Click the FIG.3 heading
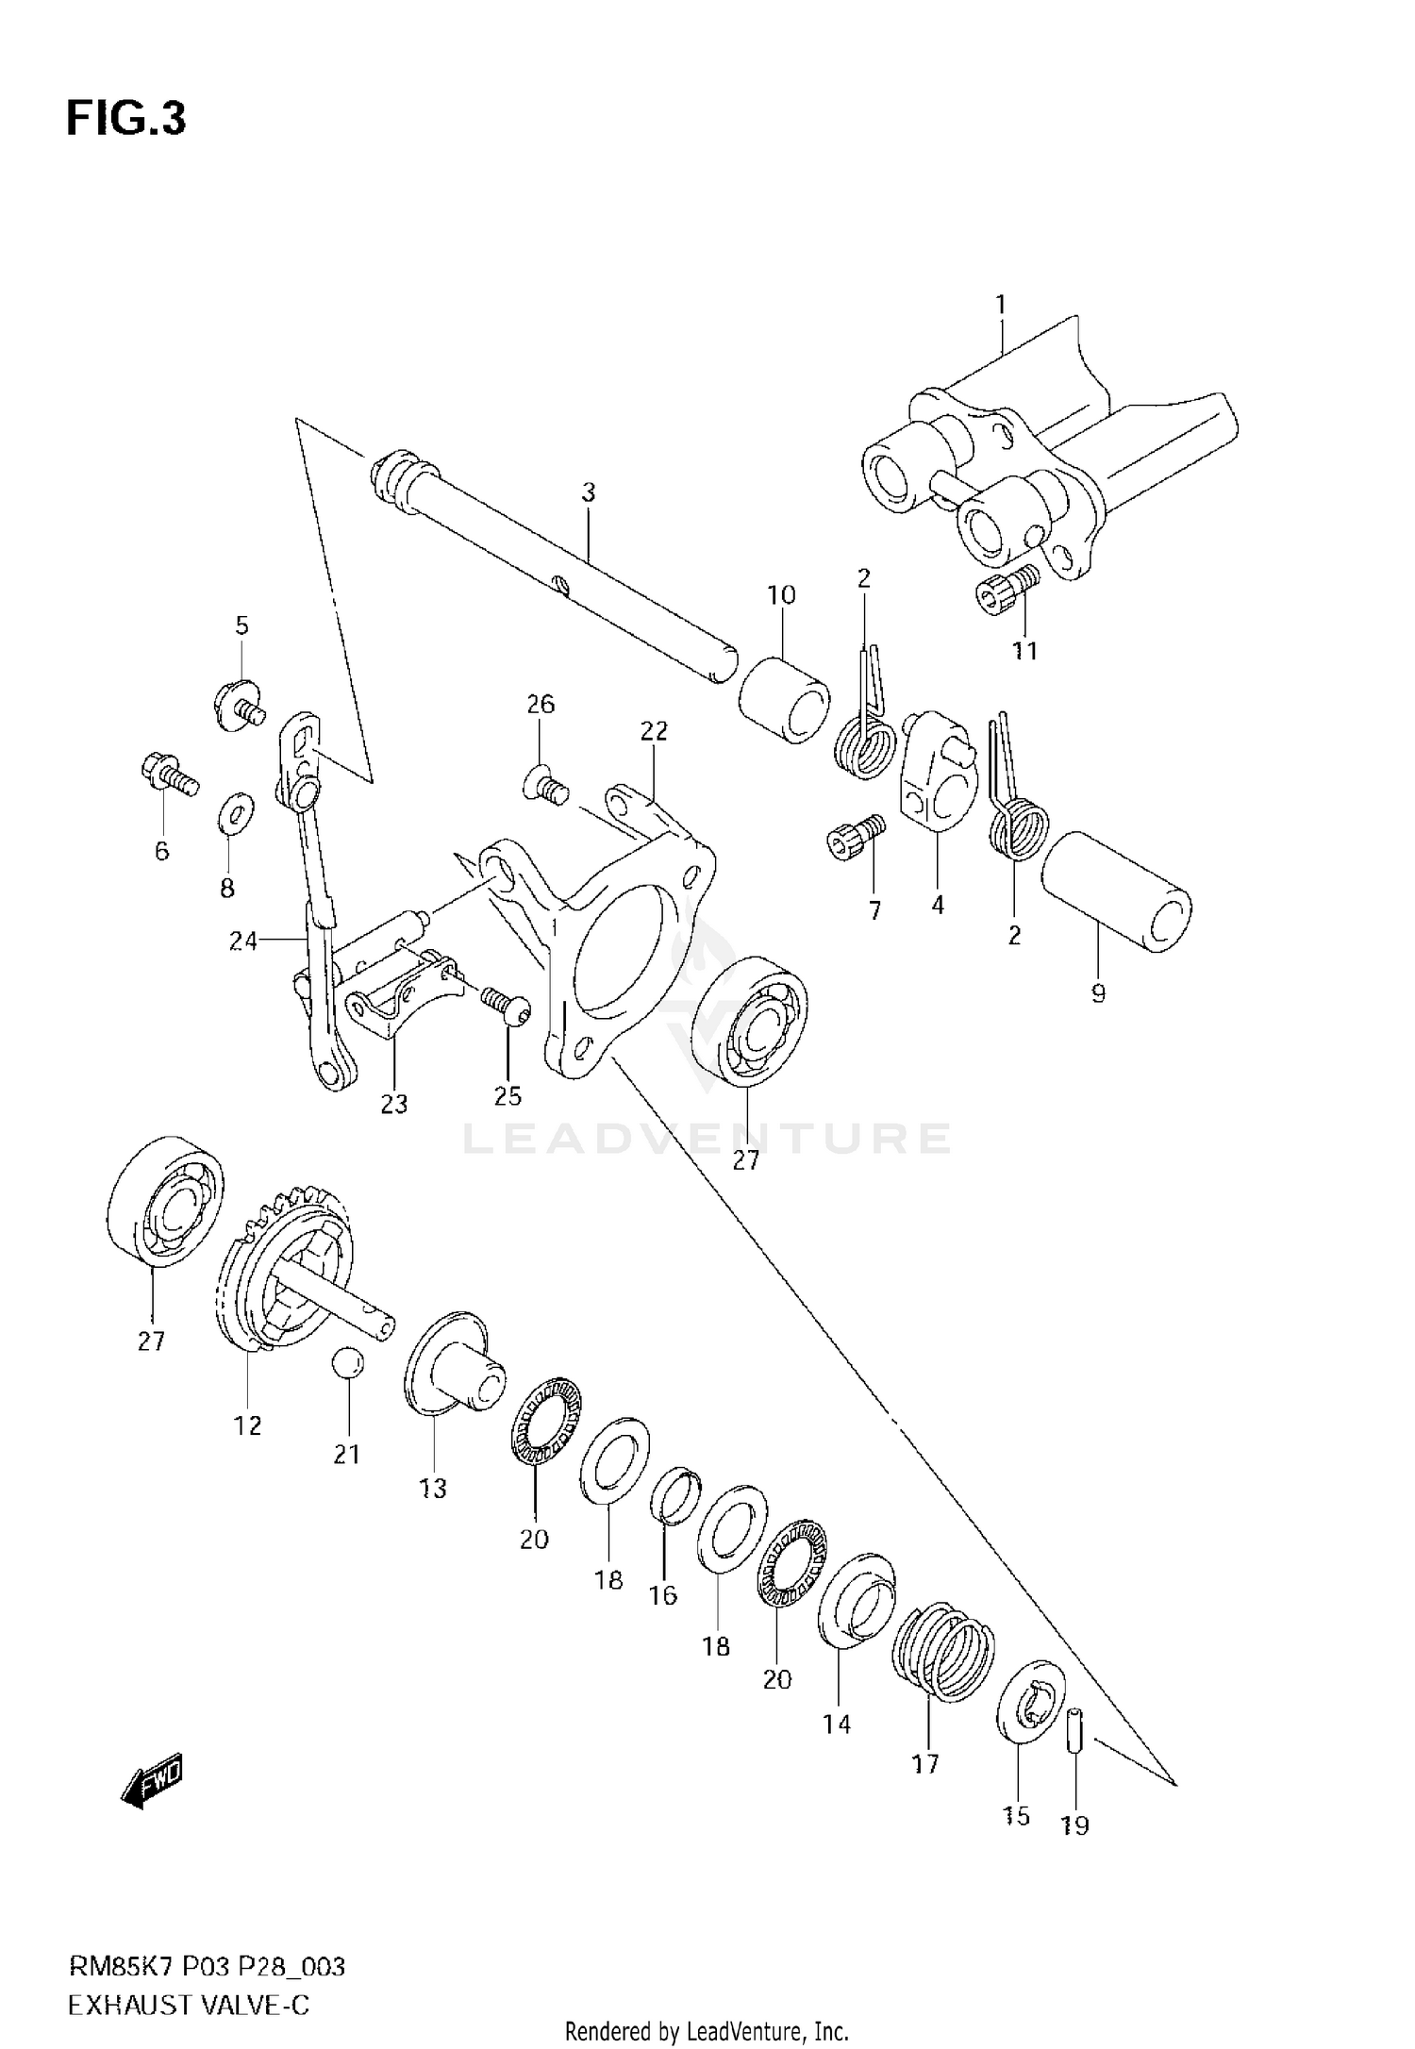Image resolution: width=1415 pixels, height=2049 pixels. pos(126,120)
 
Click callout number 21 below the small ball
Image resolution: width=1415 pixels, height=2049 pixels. pos(347,1454)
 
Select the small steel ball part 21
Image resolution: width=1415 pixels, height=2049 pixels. pos(347,1364)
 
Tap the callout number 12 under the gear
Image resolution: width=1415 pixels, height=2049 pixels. pos(247,1425)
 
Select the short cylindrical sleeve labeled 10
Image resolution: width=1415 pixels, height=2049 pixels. pos(784,702)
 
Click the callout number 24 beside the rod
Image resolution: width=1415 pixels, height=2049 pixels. pos(243,941)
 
